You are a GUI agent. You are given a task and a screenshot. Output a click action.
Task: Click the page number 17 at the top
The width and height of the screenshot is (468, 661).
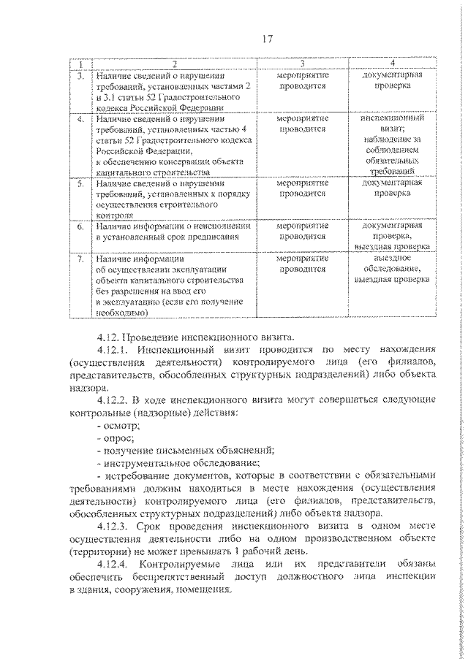click(266, 39)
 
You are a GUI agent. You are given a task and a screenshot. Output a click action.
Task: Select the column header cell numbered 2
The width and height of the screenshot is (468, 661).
click(174, 64)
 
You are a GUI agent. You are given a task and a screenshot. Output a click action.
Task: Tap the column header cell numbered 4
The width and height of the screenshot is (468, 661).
click(393, 64)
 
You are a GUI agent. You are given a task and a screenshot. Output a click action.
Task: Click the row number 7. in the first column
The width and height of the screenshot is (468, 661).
click(82, 259)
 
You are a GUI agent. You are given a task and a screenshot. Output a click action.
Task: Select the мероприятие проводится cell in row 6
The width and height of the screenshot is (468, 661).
click(302, 232)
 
